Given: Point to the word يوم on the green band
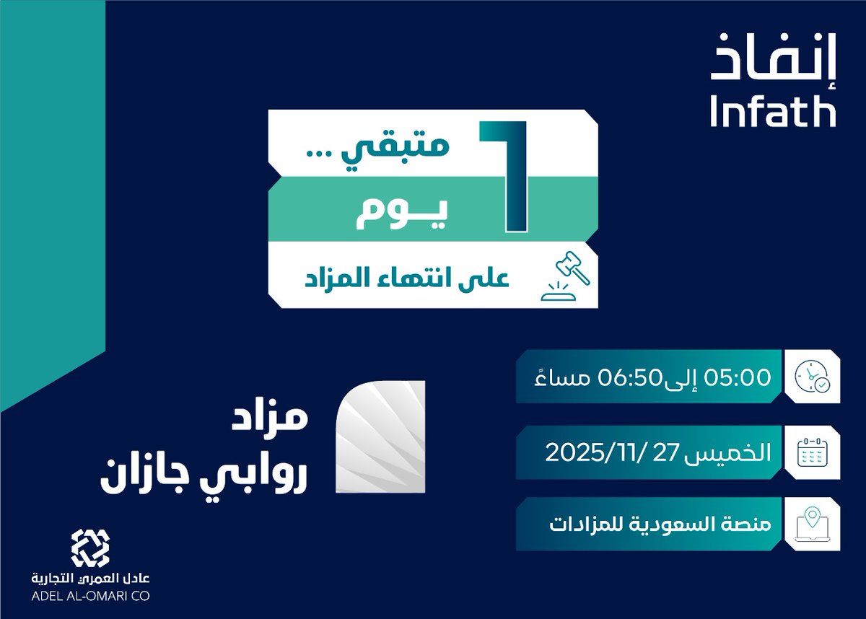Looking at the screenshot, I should (401, 214).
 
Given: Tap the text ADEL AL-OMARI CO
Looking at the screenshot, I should (89, 597).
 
